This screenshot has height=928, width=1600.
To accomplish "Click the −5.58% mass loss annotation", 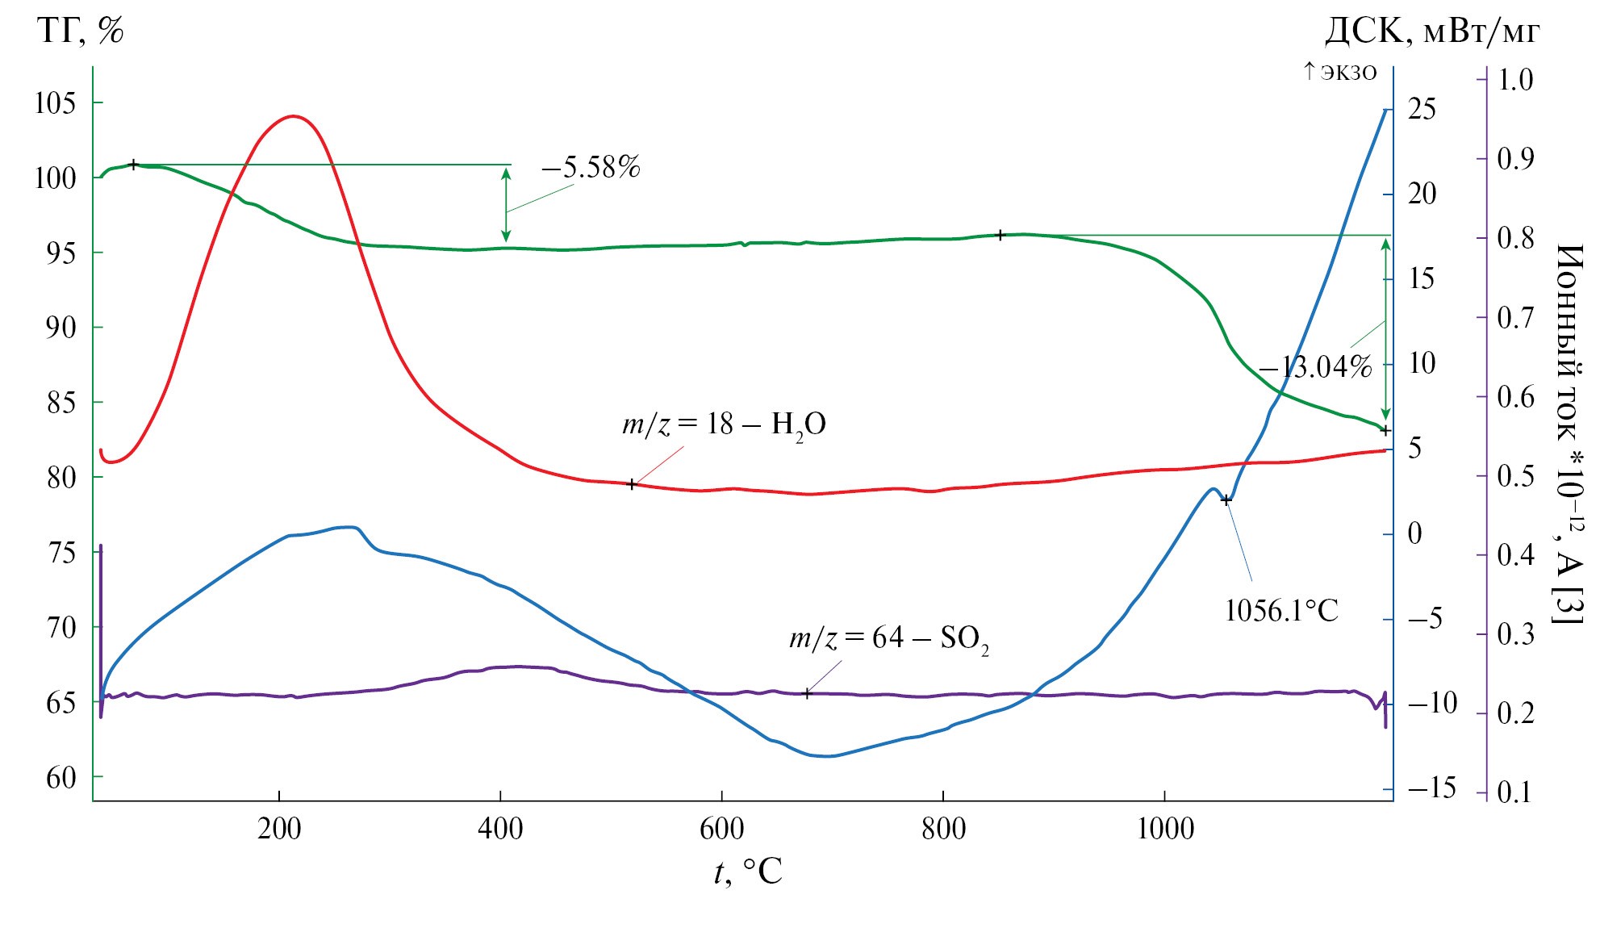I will tap(591, 168).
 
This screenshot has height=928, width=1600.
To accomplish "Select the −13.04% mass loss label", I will tap(1315, 368).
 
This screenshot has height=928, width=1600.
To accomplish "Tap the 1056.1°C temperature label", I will tap(1281, 611).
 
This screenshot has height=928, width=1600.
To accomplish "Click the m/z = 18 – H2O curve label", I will tap(724, 424).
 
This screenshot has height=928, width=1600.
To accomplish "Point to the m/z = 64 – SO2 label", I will tap(888, 639).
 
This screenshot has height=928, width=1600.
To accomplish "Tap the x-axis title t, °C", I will tap(748, 872).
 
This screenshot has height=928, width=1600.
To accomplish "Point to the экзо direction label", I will tap(1339, 72).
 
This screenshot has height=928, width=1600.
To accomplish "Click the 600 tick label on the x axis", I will tap(721, 829).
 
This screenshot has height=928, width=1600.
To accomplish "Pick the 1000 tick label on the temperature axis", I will tap(1164, 829).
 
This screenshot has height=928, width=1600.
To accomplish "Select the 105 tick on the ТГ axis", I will tap(55, 103).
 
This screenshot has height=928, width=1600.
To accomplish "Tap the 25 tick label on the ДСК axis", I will tap(1422, 109).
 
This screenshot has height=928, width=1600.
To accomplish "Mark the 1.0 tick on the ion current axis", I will tap(1515, 79).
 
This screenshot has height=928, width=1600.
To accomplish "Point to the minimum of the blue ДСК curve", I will tap(827, 756).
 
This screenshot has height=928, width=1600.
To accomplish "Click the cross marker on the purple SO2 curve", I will tap(806, 694).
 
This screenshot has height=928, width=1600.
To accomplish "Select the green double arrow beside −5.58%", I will tap(506, 205).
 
